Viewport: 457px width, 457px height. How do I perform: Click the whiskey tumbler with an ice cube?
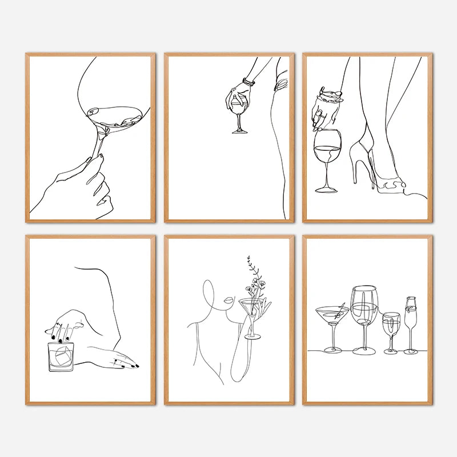(60, 357)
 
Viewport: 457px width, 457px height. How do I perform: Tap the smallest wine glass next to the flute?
(391, 328)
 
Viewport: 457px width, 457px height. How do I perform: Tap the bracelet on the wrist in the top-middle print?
(248, 82)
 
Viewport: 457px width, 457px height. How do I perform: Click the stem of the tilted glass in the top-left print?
(102, 143)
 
